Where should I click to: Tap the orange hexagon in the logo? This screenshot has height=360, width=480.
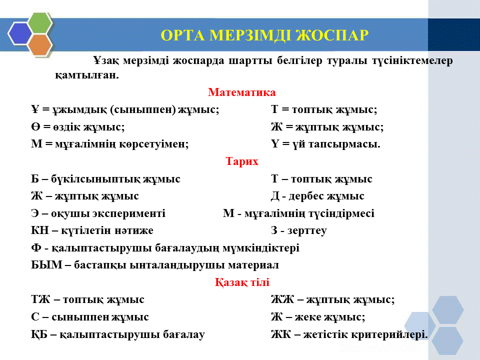click(x=40, y=45)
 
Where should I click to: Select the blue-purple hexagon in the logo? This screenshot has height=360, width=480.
click(x=20, y=34)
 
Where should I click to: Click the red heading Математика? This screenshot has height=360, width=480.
click(x=242, y=92)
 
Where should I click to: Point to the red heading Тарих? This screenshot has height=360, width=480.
click(x=242, y=161)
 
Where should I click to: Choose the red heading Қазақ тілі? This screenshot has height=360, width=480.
click(x=242, y=282)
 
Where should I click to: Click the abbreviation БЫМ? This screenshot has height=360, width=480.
click(x=46, y=265)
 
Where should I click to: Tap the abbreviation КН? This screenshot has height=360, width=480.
click(x=40, y=230)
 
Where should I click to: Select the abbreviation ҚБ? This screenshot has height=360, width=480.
click(x=39, y=334)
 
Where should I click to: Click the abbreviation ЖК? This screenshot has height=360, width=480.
click(x=280, y=334)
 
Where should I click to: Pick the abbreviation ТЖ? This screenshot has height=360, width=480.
click(x=40, y=299)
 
